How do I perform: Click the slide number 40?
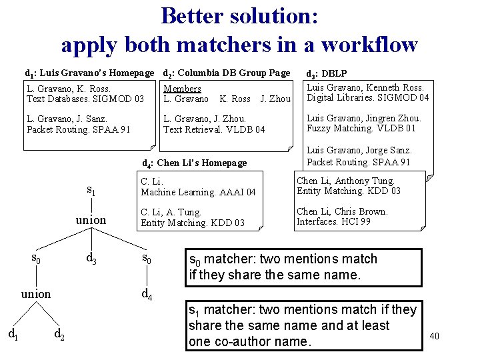(435, 336)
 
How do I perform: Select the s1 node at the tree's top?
(91, 191)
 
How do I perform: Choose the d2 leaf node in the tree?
(59, 332)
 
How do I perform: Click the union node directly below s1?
(91, 219)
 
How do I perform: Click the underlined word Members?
(182, 89)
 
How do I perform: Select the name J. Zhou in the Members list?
(275, 99)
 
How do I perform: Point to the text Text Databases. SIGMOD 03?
(85, 99)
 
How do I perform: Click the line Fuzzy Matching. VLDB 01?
(361, 129)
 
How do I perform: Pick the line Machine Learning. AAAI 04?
(198, 192)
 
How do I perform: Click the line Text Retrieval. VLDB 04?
(214, 129)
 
